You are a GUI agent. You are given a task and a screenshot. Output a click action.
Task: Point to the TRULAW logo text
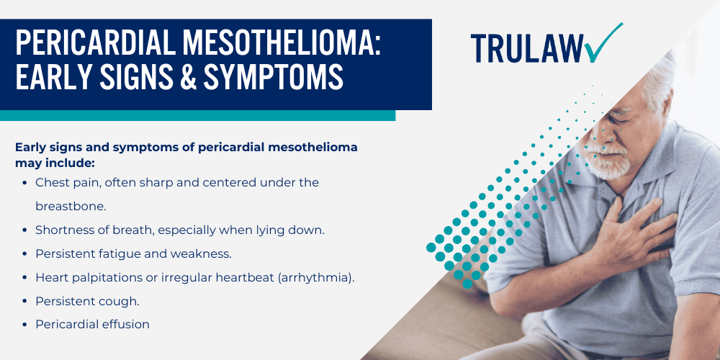pos(530,47)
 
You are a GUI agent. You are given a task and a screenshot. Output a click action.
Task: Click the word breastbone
pos(71,206)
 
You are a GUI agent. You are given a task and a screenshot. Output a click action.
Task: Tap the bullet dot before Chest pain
pos(26,183)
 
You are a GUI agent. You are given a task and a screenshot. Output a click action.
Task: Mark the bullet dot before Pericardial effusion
pos(26,324)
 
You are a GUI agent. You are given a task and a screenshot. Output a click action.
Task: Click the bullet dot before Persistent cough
pos(26,300)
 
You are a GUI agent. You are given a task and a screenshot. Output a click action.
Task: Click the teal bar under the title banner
pos(197,115)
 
